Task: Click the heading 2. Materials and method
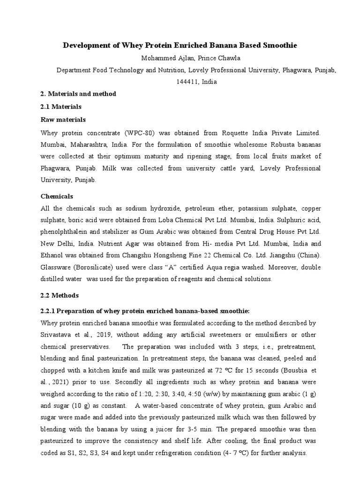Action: tap(78, 94)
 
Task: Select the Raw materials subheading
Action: tap(63, 119)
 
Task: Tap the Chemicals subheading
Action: tap(57, 196)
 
